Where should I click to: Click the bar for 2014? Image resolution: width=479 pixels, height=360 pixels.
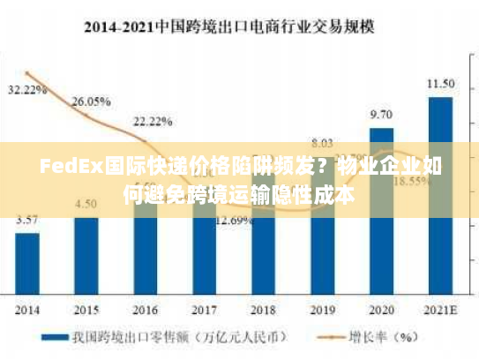(27, 264)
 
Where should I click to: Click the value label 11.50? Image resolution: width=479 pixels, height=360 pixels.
(440, 84)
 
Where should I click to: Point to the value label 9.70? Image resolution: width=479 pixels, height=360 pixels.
(381, 114)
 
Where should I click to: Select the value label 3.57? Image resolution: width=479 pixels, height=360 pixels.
(27, 219)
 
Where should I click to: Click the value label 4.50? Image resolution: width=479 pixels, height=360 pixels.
(86, 204)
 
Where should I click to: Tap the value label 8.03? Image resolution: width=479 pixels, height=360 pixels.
(322, 142)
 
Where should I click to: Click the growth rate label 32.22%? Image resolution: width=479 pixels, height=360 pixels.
(27, 89)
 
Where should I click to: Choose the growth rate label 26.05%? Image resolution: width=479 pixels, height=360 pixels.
(90, 101)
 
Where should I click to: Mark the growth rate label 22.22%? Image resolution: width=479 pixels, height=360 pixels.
(153, 120)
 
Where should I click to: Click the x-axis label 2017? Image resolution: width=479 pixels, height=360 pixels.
(204, 311)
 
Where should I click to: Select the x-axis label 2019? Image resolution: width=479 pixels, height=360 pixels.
(322, 311)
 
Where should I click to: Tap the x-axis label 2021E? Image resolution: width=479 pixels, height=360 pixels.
(440, 311)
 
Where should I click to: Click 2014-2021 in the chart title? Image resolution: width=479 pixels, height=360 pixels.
(118, 26)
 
